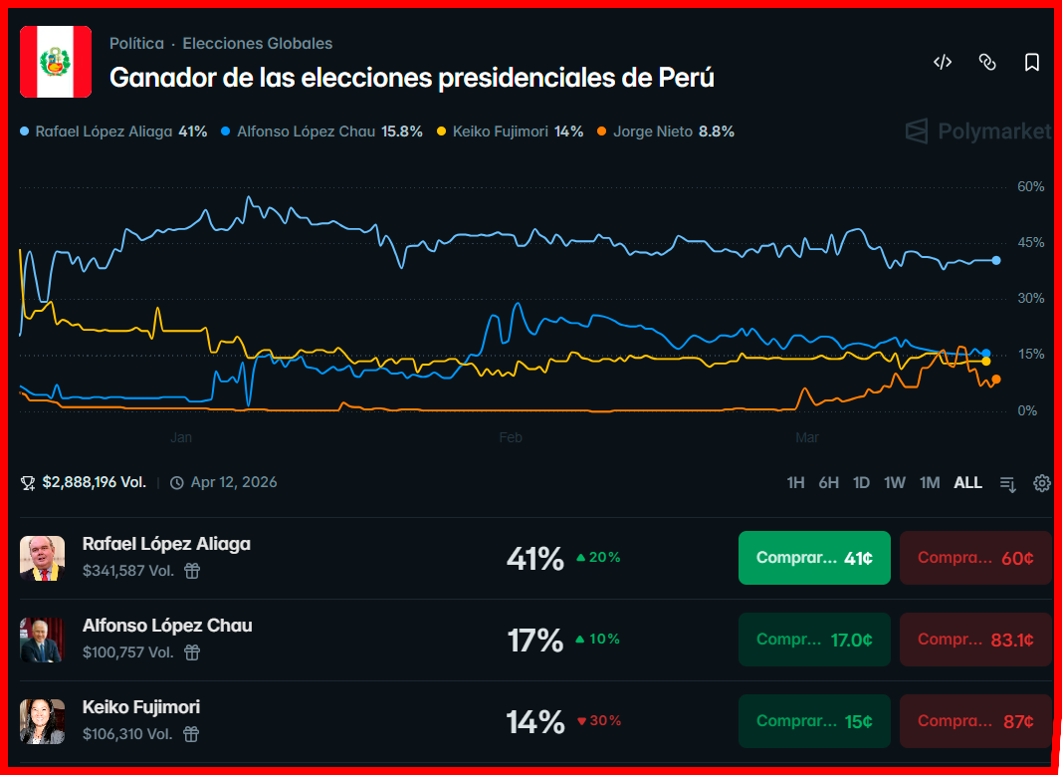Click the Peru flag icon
(x=56, y=62)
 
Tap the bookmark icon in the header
(x=1032, y=62)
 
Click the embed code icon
(x=942, y=62)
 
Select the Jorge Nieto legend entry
(x=665, y=131)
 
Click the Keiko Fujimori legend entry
(x=510, y=131)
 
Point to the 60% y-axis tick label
(x=1030, y=186)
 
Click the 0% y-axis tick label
(x=1026, y=410)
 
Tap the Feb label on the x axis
(x=511, y=437)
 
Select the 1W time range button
(x=895, y=483)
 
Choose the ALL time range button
(x=967, y=483)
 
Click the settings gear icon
(x=1042, y=483)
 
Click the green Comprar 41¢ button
(x=814, y=558)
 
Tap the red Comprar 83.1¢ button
(x=974, y=640)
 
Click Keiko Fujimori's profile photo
(x=42, y=721)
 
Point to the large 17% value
(x=535, y=640)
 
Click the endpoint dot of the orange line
(x=995, y=380)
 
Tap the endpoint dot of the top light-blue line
(x=996, y=260)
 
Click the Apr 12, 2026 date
(x=233, y=483)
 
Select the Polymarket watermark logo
(x=977, y=131)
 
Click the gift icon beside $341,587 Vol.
(x=192, y=571)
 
